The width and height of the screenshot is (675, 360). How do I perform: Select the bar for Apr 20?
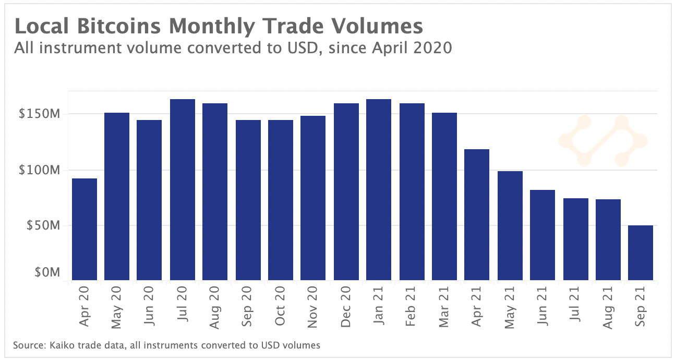(85, 229)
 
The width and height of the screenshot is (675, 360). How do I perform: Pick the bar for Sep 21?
(641, 253)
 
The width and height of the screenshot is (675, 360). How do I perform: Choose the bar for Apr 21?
(477, 214)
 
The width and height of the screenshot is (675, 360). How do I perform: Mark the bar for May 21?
(510, 225)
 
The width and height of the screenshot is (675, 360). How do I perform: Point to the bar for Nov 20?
(313, 198)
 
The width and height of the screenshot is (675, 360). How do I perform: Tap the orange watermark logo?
(602, 140)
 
